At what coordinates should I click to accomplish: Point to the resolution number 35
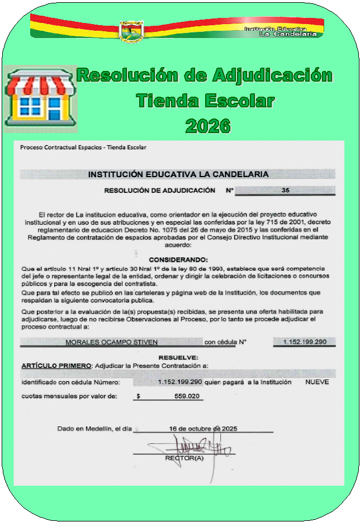click(x=285, y=191)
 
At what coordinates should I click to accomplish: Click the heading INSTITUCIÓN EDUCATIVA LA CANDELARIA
click(x=178, y=174)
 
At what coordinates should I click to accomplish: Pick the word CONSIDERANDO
click(x=178, y=259)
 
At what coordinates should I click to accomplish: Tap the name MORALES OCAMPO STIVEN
click(x=112, y=342)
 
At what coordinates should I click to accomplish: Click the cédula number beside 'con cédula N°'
click(x=305, y=342)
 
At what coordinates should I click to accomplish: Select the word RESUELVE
click(x=178, y=357)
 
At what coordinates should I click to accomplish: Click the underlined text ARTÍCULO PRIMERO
click(x=56, y=366)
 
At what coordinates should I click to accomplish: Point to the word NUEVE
click(x=317, y=382)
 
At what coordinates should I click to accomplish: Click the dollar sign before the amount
click(x=138, y=396)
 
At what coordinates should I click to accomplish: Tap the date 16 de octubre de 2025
click(x=203, y=429)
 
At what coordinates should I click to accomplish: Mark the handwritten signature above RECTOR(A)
click(x=193, y=445)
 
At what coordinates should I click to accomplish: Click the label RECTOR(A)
click(x=184, y=458)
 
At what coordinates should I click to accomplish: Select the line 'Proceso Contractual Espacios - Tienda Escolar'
click(x=83, y=148)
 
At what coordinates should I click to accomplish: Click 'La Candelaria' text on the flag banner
click(x=288, y=34)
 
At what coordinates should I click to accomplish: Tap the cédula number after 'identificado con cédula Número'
click(x=179, y=382)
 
